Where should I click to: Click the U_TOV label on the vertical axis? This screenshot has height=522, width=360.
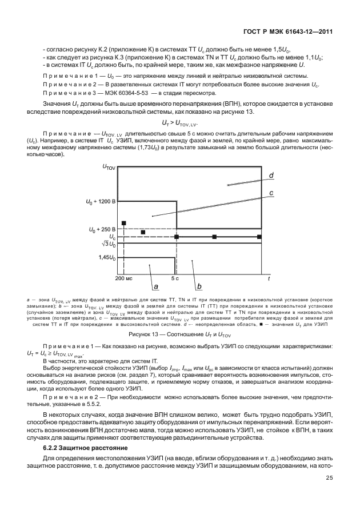[x=108, y=168]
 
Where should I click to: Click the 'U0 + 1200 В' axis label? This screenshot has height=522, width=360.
[x=100, y=202]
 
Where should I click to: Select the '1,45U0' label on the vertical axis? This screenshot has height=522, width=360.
[x=107, y=258]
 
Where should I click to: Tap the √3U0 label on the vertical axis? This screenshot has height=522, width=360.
[x=108, y=244]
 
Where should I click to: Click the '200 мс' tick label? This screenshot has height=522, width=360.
[x=123, y=278]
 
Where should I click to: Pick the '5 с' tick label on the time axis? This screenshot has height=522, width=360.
[x=175, y=278]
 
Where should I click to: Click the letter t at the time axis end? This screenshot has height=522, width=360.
[x=269, y=278]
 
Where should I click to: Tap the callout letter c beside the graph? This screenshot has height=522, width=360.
[x=271, y=194]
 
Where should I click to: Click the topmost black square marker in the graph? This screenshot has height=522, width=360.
[x=123, y=223]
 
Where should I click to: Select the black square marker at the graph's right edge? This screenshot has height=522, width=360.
[x=259, y=236]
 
